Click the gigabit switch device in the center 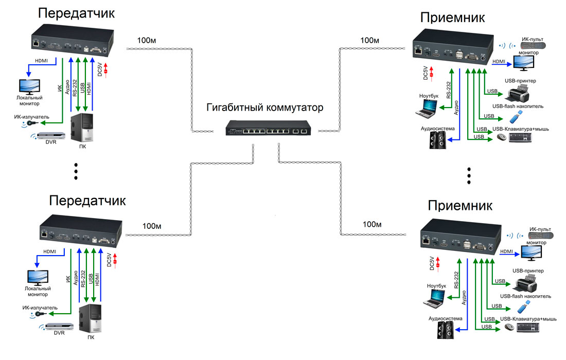point(268,128)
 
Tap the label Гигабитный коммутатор point(264,107)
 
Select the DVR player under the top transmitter point(50,136)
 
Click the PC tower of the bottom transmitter point(90,318)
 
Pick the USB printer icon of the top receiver point(519,94)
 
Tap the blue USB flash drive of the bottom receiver point(523,307)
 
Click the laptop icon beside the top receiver point(427,108)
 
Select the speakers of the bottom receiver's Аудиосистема point(446,330)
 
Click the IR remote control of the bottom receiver point(540,236)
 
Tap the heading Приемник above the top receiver point(452,17)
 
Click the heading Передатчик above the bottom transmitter point(87,200)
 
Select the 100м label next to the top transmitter point(147,41)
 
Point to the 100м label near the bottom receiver point(372,224)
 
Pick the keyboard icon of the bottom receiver point(528,328)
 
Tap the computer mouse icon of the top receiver point(501,137)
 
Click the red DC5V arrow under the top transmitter point(106,70)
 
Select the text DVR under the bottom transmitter point(59,333)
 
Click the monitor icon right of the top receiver point(524,63)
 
